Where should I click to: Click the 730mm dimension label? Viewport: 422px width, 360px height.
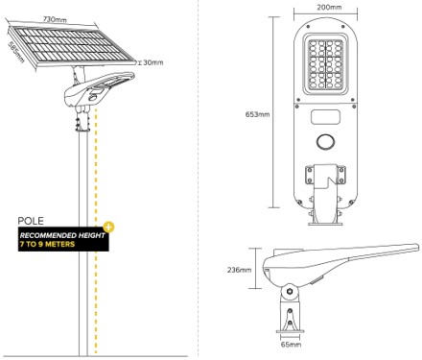(55, 19)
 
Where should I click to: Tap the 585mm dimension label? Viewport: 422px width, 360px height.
(15, 52)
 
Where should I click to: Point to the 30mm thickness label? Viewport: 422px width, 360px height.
(152, 62)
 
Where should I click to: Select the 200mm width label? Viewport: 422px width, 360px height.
(329, 7)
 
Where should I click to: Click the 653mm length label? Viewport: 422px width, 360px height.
(257, 114)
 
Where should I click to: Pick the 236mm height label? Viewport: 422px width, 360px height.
(240, 270)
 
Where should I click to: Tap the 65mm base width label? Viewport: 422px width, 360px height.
(291, 345)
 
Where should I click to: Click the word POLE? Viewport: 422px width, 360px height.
(31, 221)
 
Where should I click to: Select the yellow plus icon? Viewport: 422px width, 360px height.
(108, 228)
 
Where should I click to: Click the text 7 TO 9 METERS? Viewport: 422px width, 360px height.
(47, 244)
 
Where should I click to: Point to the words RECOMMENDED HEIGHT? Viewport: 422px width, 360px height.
(62, 235)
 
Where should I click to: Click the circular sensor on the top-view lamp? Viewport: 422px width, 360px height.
(325, 141)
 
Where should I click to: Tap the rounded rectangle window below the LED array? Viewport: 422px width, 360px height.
(325, 117)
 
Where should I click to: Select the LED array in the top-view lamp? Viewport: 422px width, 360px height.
(325, 63)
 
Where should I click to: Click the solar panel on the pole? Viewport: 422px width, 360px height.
(72, 46)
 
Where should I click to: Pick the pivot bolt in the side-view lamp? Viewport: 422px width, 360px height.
(290, 291)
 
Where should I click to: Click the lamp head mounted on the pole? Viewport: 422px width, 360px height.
(99, 89)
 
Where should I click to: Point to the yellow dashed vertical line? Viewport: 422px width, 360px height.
(96, 230)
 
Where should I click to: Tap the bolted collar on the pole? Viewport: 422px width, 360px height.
(82, 123)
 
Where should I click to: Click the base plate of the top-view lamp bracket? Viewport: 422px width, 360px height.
(325, 223)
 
